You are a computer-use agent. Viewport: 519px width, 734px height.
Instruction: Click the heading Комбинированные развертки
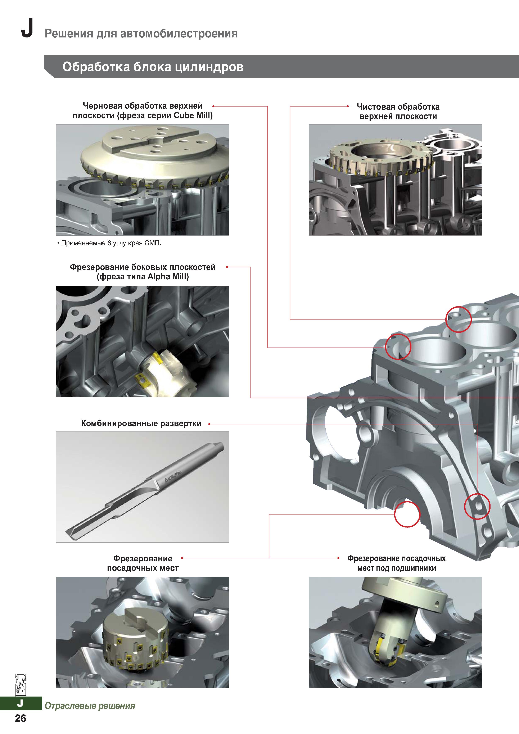(x=141, y=423)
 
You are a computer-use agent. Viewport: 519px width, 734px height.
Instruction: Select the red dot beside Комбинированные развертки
(x=209, y=424)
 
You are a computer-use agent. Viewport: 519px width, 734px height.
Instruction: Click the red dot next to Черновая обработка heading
(x=213, y=106)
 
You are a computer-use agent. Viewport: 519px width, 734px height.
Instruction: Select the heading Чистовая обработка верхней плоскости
(x=398, y=111)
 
